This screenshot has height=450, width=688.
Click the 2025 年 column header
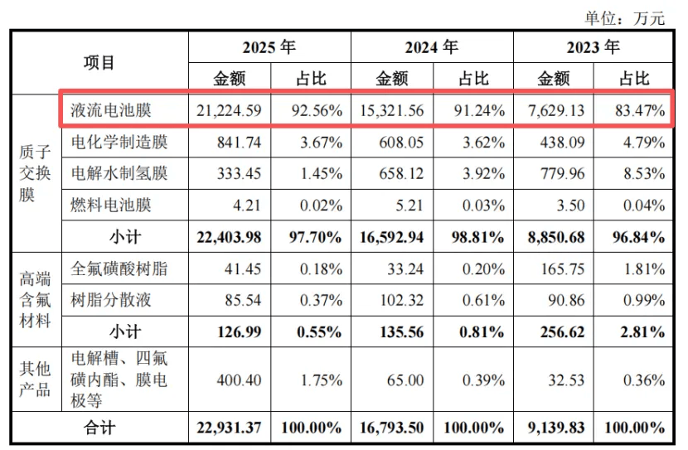[x=269, y=47]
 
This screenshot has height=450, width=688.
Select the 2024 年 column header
[x=431, y=47]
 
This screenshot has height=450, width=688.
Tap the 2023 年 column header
[x=593, y=47]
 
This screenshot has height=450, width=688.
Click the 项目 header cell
[x=99, y=62]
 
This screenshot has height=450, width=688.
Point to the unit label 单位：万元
[x=625, y=18]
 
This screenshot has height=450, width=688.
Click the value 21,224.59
[x=229, y=110]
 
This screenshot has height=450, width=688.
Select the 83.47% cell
[x=640, y=110]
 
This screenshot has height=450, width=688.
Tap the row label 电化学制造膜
[x=119, y=142]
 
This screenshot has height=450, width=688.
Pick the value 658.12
[x=401, y=174]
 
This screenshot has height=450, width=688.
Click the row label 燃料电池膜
[x=110, y=205]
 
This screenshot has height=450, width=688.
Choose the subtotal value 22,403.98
[x=229, y=237]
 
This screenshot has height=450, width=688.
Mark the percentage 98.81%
[x=477, y=237]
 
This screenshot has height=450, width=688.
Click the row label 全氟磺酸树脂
[x=119, y=269]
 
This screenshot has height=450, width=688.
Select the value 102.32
[x=401, y=300]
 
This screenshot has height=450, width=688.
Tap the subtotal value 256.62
[x=563, y=332]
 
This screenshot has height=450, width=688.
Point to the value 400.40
[x=239, y=380]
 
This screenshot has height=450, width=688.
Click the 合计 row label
[x=99, y=428]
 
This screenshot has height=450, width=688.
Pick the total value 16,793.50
[x=391, y=428]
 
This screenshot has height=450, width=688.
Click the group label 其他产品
[x=35, y=380]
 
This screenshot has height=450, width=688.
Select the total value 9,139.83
[x=556, y=428]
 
